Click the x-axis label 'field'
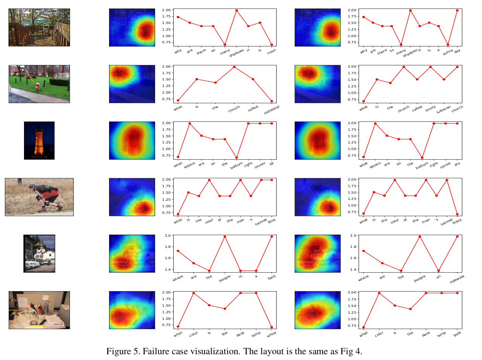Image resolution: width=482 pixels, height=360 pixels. tap(271, 278)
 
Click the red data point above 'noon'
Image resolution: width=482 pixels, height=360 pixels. tap(272, 44)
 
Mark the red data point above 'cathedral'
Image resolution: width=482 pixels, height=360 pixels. tap(272, 101)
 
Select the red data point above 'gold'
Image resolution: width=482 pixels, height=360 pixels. tap(457, 293)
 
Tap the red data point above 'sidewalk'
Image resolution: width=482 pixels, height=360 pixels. tap(457, 236)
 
